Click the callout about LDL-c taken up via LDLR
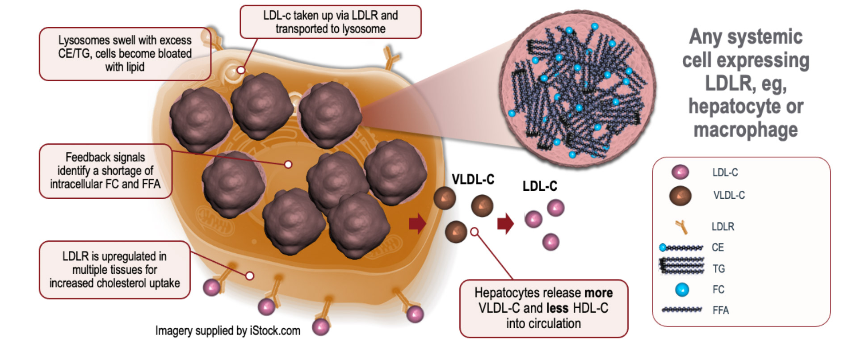coord(331,22)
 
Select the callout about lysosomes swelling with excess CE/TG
coord(125,54)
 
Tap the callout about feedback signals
coord(105,171)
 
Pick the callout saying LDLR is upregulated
coord(115,270)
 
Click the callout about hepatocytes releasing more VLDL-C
coord(544,308)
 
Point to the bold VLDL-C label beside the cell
coord(473,180)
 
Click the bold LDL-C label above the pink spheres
coord(540,186)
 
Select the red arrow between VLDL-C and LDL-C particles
coord(505,223)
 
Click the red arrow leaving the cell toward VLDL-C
coord(417,223)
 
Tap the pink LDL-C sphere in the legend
coord(680,172)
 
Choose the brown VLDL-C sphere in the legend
coord(680,196)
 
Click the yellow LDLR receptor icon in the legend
coord(681,226)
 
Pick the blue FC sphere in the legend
coord(682,290)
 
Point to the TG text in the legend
coord(718,268)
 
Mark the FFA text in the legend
coord(720,310)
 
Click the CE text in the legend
coord(718,247)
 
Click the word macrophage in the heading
coord(745,130)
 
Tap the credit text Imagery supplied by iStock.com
coord(228,331)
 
